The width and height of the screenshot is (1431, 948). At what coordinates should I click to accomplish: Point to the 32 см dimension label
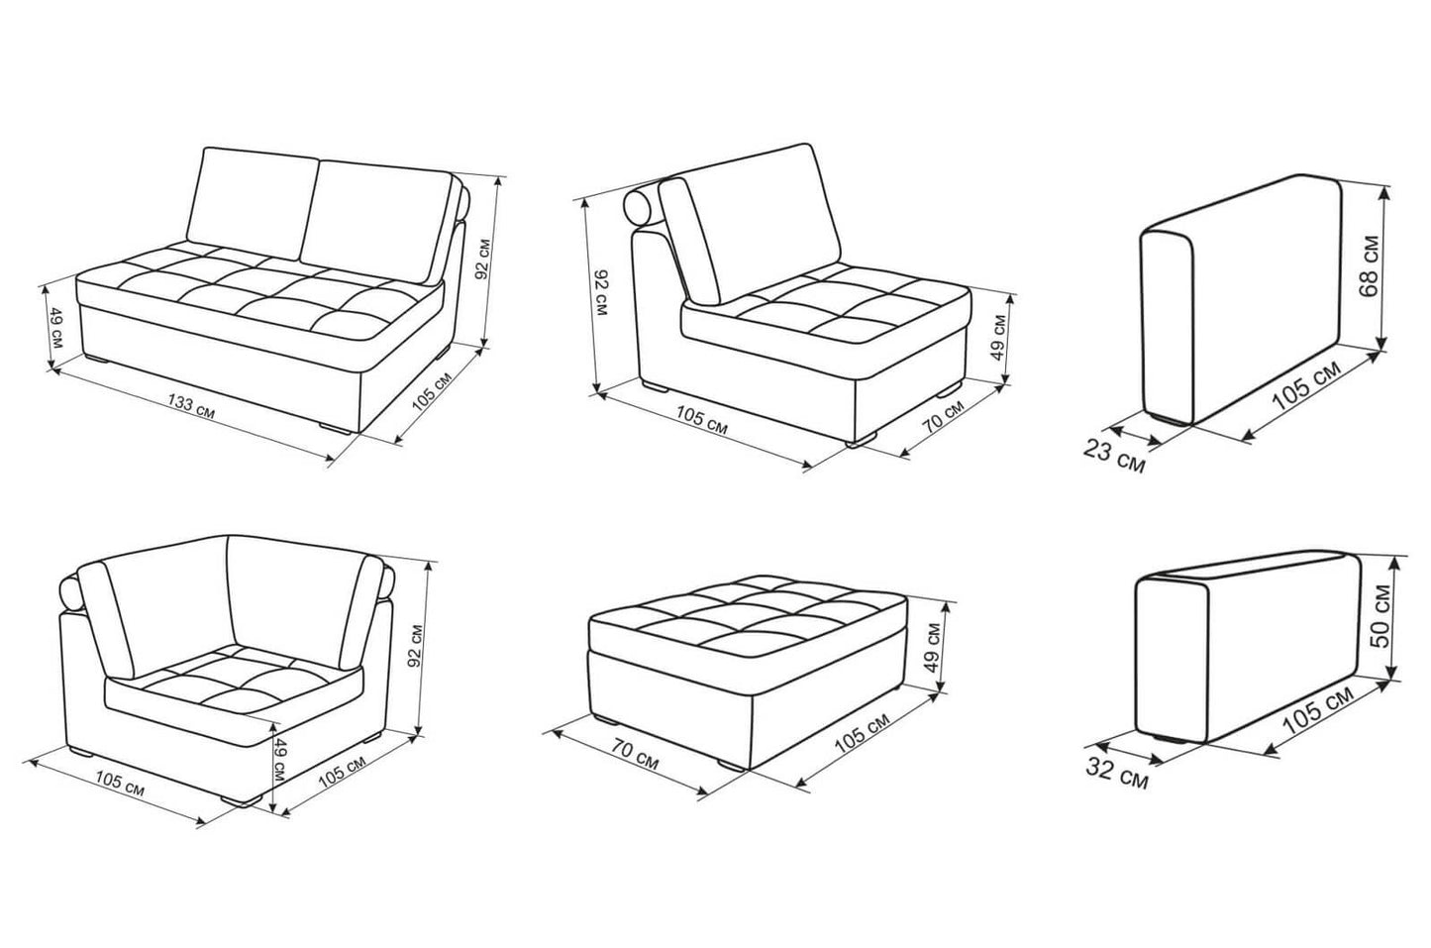click(1117, 774)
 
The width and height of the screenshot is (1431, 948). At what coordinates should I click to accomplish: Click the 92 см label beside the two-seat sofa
click(483, 260)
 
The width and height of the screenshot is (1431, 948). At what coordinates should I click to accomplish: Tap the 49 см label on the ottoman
click(934, 647)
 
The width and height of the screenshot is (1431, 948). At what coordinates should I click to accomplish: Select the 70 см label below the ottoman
click(635, 755)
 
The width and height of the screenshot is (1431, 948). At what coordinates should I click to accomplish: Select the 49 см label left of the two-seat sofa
click(55, 328)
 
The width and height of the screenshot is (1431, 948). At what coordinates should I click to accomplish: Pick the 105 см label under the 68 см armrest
click(1306, 386)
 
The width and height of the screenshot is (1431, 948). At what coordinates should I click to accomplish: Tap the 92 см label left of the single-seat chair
click(600, 293)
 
